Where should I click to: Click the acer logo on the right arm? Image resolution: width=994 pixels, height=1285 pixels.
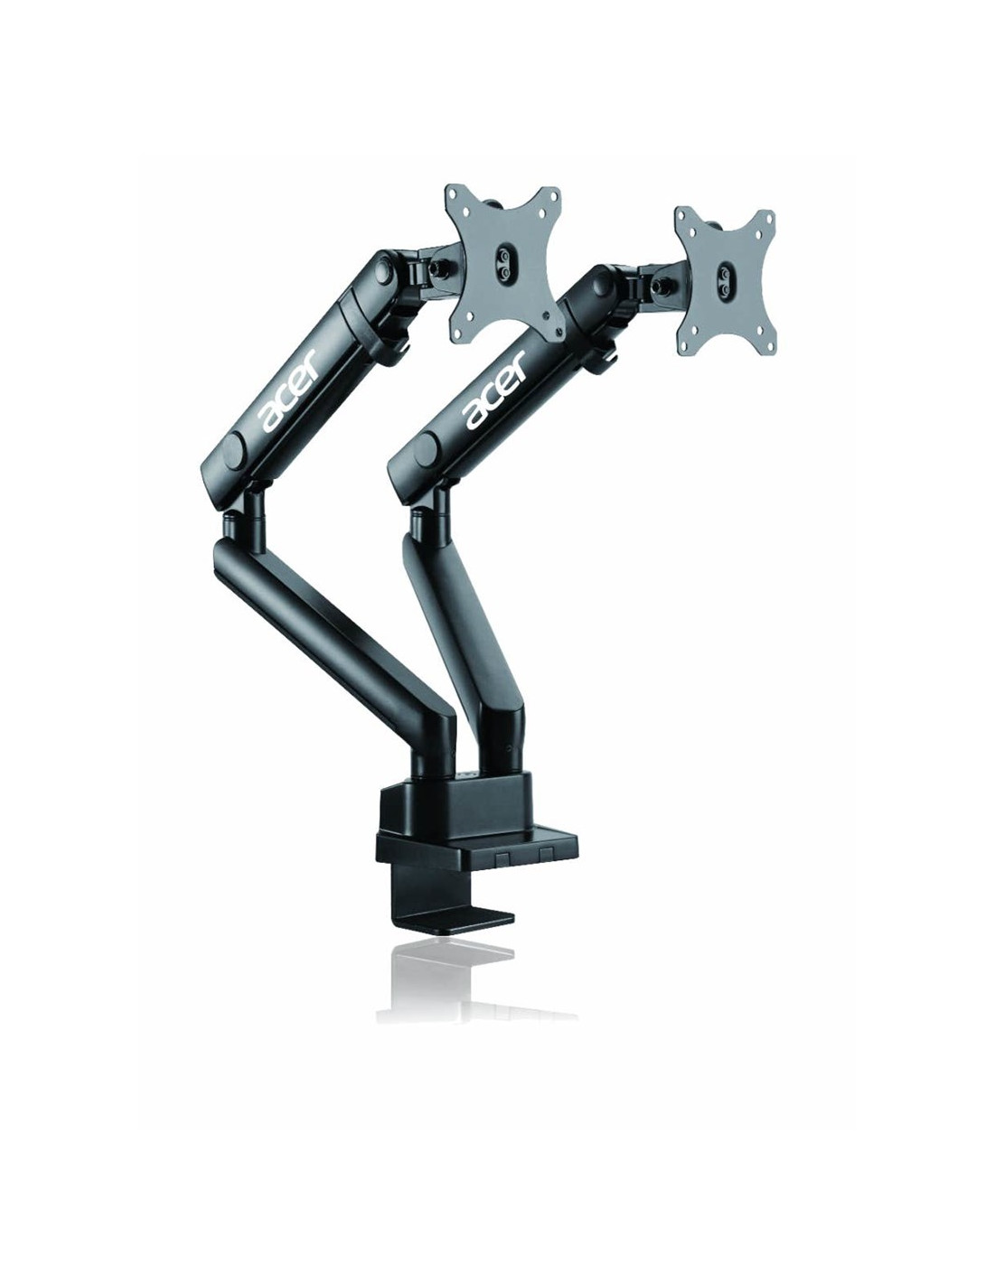[x=495, y=389]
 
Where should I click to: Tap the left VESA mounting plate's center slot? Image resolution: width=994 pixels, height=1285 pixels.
[x=504, y=261]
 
